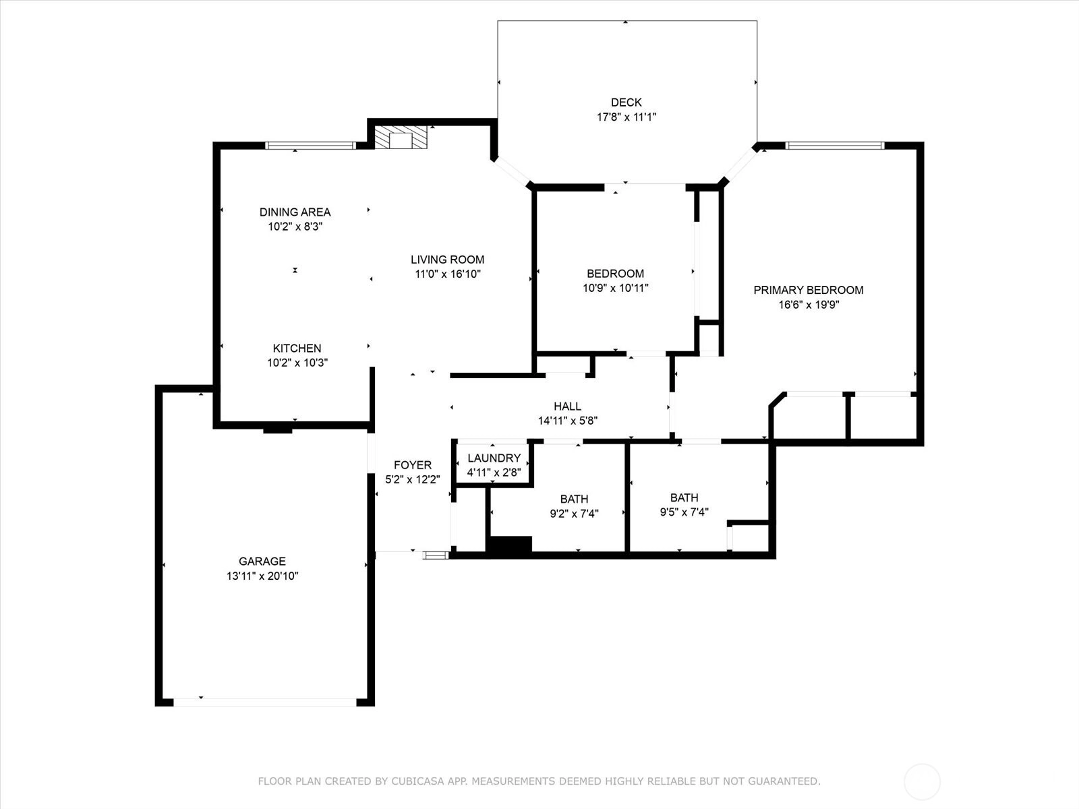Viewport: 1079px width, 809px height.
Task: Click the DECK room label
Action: (626, 102)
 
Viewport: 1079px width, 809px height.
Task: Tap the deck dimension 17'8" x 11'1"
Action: (626, 117)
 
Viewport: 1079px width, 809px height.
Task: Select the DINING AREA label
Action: (295, 212)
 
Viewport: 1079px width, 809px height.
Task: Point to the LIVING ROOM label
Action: (447, 260)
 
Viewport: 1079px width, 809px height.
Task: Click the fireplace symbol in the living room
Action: (401, 137)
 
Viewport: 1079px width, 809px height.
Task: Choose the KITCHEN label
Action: (297, 349)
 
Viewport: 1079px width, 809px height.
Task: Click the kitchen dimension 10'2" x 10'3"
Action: (297, 363)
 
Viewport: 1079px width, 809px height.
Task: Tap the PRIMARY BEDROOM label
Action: (809, 290)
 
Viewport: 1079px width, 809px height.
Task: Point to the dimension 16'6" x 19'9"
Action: (809, 305)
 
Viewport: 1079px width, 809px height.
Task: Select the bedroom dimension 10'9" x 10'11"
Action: (616, 288)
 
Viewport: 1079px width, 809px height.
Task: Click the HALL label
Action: (567, 407)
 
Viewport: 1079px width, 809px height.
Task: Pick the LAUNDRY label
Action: (494, 458)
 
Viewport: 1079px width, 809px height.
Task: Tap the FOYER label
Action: (413, 465)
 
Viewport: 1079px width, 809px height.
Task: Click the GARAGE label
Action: (262, 561)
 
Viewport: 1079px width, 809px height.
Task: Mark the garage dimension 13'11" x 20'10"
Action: (262, 576)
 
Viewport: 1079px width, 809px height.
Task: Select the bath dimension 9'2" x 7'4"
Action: (574, 514)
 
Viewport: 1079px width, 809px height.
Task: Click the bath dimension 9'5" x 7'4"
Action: (684, 512)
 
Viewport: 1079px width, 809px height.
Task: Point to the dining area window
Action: (310, 146)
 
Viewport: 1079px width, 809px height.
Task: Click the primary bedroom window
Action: (835, 146)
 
